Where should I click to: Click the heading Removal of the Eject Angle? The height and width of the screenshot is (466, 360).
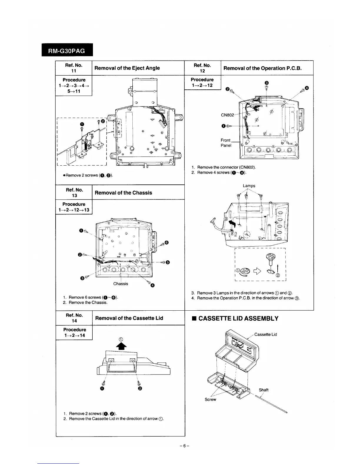(127, 68)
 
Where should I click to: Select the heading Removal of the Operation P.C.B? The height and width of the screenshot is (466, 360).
(263, 68)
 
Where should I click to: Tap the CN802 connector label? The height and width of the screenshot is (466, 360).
(227, 115)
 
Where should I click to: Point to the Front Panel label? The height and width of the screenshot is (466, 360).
(226, 143)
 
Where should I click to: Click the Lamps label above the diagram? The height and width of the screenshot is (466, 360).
(249, 186)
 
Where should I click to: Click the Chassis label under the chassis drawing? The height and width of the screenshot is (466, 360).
(121, 284)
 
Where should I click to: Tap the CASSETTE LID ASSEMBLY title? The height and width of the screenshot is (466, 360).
(238, 318)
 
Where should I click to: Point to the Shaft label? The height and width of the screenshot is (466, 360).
(264, 390)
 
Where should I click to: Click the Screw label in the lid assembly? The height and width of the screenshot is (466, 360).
(210, 399)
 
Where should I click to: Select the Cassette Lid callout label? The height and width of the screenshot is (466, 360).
(266, 334)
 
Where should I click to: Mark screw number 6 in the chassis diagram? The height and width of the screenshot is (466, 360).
(166, 242)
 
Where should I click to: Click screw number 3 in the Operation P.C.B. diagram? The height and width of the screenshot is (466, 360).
(266, 83)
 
